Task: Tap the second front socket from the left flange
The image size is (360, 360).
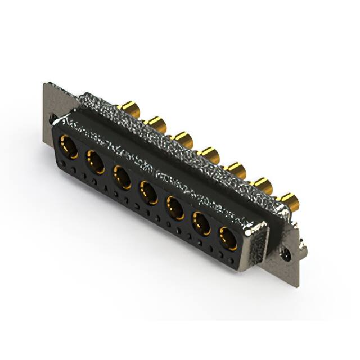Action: (x=94, y=163)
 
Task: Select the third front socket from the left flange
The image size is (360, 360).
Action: (x=122, y=177)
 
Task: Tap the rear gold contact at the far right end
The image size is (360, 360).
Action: (x=289, y=200)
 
